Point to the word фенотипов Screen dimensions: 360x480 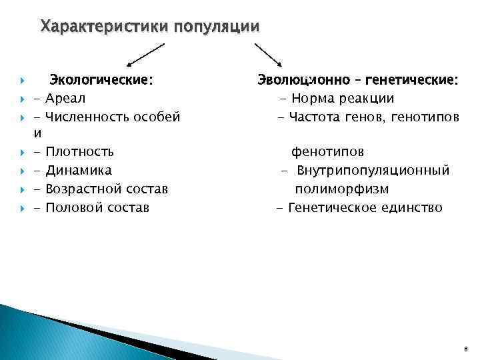point(327,152)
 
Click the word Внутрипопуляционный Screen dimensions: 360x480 point(373,171)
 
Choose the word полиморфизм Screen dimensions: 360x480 point(342,189)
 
